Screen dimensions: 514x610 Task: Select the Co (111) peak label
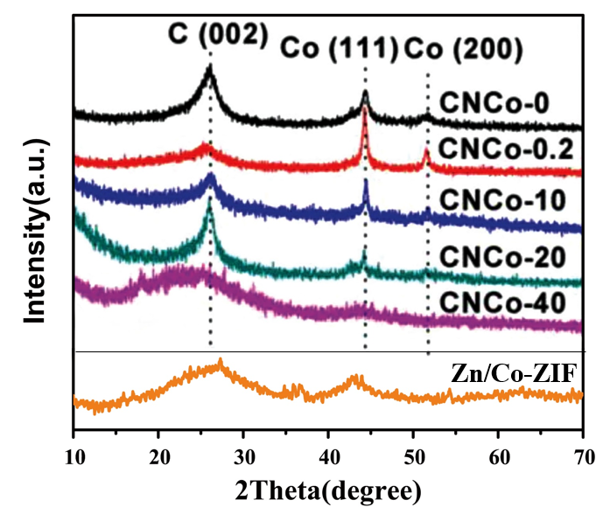(x=338, y=49)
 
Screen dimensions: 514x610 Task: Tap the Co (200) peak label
(x=464, y=49)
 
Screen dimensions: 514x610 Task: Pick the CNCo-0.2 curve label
(x=506, y=149)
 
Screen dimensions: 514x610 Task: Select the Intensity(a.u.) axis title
(x=34, y=223)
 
